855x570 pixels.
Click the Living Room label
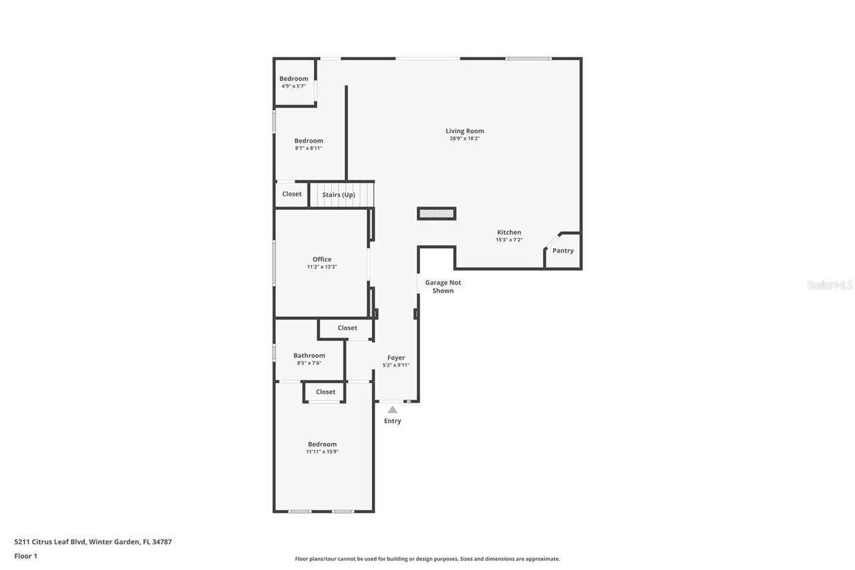pos(465,131)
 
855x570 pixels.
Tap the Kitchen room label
pos(509,233)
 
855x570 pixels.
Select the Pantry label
pos(562,251)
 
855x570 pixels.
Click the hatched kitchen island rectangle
pos(437,214)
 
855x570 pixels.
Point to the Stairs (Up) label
pos(339,194)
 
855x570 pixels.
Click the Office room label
pos(322,259)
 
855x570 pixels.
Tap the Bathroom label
pos(309,355)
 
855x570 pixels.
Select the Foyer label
pos(396,358)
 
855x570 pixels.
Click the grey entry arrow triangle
pos(393,410)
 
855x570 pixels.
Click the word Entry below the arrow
pos(393,421)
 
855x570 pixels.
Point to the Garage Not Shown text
pos(443,287)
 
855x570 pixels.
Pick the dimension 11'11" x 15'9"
pos(322,452)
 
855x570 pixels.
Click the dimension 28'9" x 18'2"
pos(465,138)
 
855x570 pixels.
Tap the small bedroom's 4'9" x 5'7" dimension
pos(293,86)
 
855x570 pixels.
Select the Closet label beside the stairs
pos(292,194)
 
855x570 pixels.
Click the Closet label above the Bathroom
pos(347,327)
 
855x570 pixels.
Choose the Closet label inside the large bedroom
pos(325,392)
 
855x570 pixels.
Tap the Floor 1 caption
pos(26,556)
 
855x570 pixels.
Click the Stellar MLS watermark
pos(830,285)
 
